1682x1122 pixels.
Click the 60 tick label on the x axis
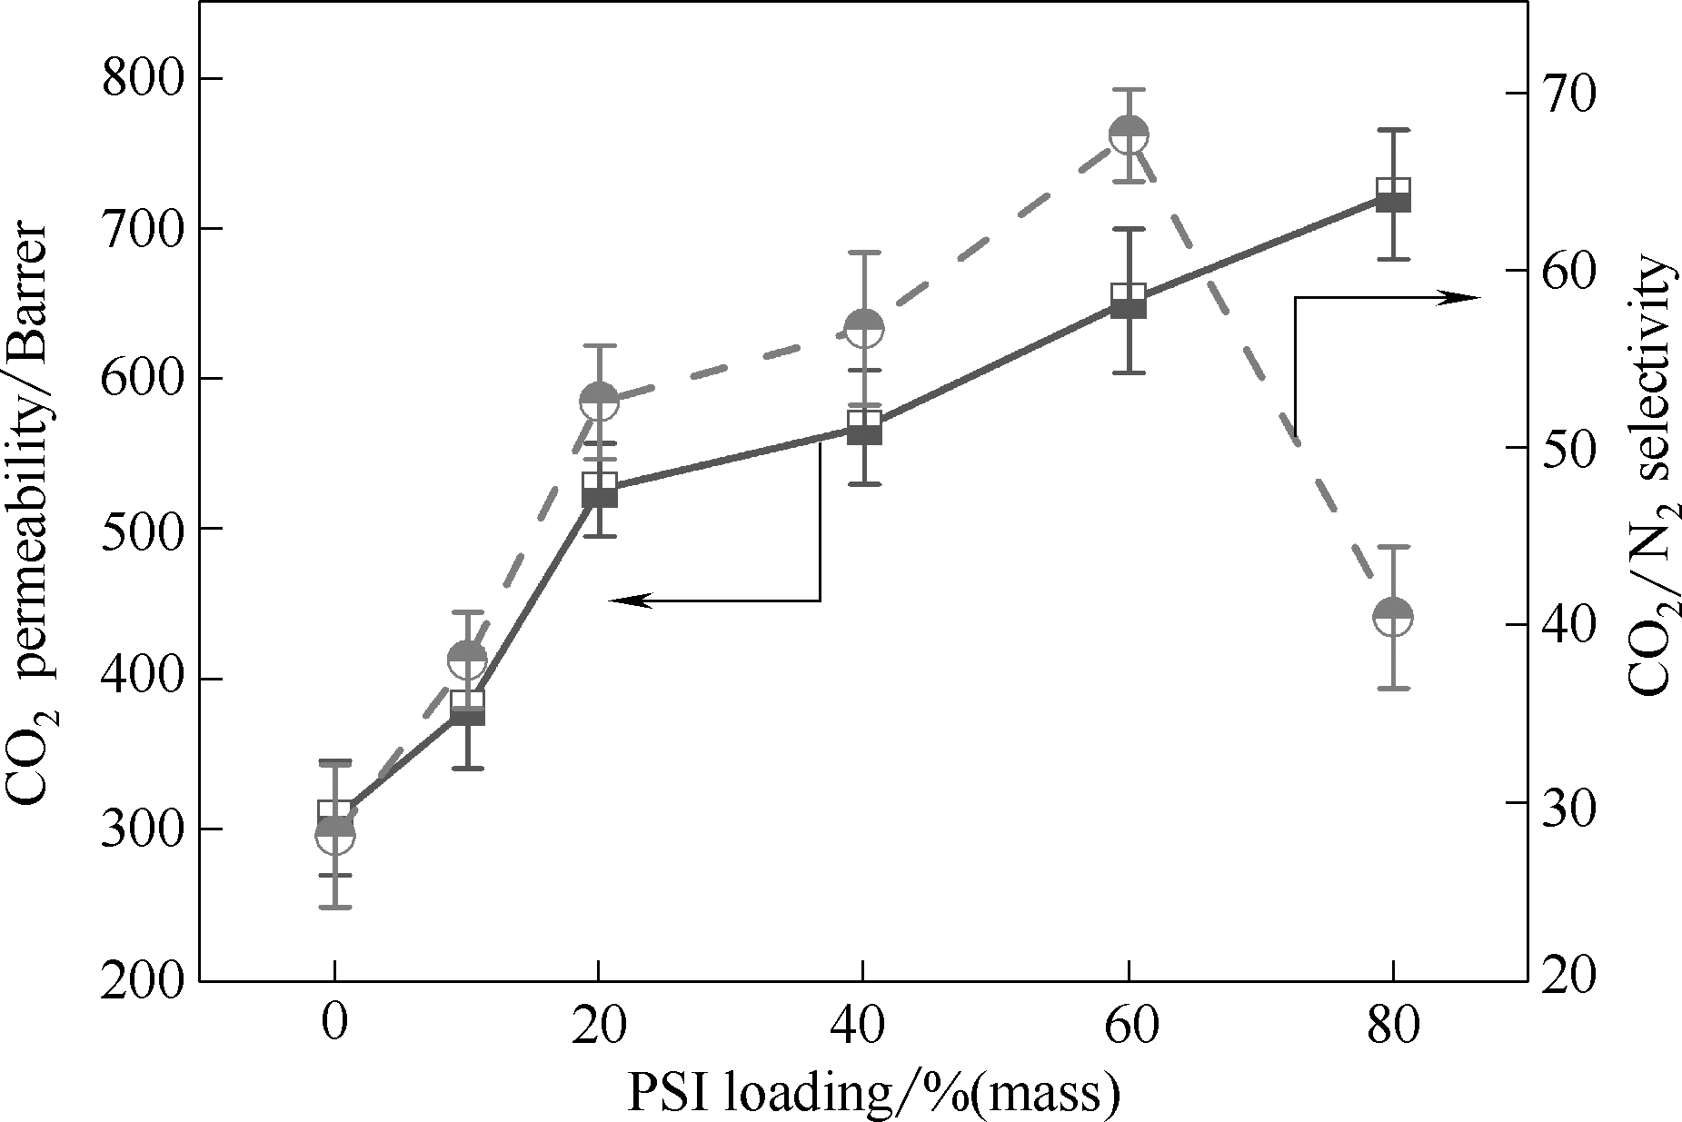click(x=1128, y=1027)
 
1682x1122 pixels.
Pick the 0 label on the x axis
click(x=334, y=1027)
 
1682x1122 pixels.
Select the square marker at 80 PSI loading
click(x=1393, y=195)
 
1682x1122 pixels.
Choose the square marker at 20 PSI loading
click(x=600, y=490)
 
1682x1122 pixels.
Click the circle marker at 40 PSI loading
click(x=863, y=329)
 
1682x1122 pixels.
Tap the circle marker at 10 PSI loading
click(x=467, y=659)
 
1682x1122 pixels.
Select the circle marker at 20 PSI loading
click(x=600, y=400)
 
